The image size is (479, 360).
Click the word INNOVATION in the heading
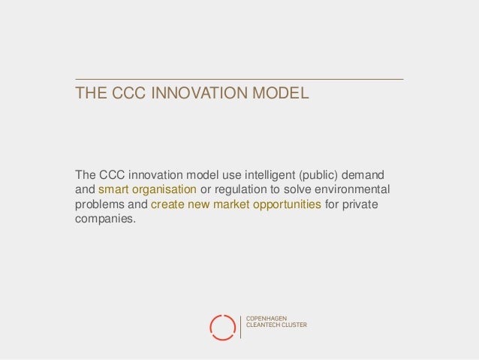tap(197, 95)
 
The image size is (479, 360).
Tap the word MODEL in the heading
tap(282, 95)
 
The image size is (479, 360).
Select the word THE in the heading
tap(90, 95)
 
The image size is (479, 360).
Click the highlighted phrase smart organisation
tap(148, 188)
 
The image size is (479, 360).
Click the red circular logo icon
tap(222, 325)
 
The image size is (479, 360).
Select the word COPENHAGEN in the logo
tap(267, 319)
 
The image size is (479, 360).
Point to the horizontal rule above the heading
tap(239, 79)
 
